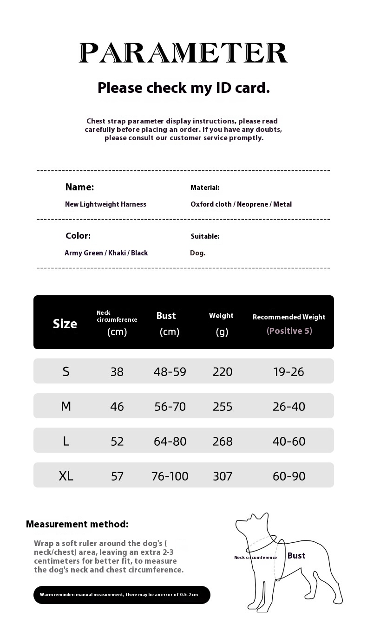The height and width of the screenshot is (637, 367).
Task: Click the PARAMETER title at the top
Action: (183, 53)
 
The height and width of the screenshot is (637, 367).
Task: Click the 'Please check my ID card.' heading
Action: (183, 87)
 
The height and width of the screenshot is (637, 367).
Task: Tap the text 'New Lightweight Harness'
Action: (105, 204)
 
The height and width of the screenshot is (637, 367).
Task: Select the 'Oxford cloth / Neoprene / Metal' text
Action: (241, 204)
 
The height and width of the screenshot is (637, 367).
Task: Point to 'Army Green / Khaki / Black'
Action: (106, 253)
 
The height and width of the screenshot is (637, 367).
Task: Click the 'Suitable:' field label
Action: (205, 236)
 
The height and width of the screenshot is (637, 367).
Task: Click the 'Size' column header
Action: (65, 324)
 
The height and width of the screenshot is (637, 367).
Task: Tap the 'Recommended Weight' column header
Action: (289, 317)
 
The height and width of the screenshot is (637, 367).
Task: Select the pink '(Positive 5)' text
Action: (289, 331)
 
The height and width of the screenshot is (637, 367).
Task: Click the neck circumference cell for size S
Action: (117, 371)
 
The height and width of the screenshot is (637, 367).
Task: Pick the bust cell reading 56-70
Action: (170, 406)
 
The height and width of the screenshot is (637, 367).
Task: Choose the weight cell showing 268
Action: (223, 441)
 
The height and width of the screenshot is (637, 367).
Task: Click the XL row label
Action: (66, 475)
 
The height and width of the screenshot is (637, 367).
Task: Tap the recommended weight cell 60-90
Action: (289, 476)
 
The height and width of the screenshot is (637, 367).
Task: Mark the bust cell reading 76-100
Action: (170, 476)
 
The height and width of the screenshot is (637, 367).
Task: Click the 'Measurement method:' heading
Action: (77, 524)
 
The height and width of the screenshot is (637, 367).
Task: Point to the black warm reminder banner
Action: (122, 595)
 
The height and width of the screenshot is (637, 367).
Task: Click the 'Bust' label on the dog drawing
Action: (296, 556)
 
